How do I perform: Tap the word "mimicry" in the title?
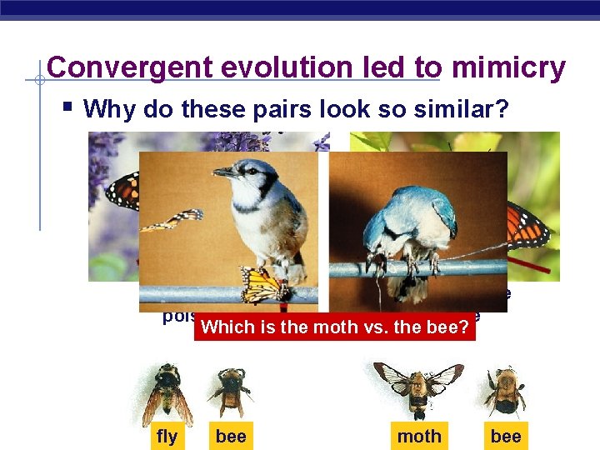pos(508,68)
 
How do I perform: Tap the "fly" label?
pos(167,436)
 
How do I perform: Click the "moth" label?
pos(419,436)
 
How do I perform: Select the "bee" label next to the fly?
pos(230,436)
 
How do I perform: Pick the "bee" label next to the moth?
pos(506,436)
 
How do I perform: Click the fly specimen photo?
pos(167,392)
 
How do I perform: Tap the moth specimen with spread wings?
pos(418,387)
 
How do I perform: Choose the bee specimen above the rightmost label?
pos(504,388)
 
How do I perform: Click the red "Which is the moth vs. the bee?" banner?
pos(336,327)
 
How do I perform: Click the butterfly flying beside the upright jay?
pos(175,220)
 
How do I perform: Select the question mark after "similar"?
pos(502,109)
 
